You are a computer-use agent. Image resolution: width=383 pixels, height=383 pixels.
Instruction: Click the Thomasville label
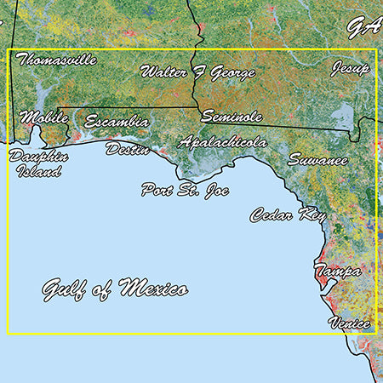coord(56,60)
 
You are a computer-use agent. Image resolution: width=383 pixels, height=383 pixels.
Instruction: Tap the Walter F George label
coord(197,72)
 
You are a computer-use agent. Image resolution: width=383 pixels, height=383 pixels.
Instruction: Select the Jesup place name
coord(351,67)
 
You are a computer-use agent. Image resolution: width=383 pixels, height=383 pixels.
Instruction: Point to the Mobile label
coord(43,117)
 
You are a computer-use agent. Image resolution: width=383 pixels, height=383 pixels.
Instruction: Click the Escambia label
coord(117,123)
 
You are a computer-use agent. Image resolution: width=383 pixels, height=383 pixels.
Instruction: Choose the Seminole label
coord(232,117)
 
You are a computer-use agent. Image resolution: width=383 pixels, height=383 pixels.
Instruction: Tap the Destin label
coord(128,150)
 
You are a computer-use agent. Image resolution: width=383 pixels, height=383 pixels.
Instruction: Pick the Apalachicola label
coord(223,143)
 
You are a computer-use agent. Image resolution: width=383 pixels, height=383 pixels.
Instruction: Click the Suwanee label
coord(317,159)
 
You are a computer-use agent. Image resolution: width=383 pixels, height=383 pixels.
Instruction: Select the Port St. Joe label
coord(181,189)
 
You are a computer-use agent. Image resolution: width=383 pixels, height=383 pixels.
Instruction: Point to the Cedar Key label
coord(288,215)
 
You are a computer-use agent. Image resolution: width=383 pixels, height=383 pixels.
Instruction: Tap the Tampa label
coord(337,271)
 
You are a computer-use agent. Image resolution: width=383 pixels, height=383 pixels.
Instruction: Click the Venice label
coord(349,323)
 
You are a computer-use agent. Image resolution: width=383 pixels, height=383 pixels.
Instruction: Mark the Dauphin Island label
coord(36,163)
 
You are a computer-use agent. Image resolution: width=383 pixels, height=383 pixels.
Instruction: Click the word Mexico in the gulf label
coord(153,288)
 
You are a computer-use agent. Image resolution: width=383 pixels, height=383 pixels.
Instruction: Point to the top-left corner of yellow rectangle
coord(8,49)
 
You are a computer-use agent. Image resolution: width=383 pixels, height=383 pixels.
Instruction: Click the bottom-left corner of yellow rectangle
coord(8,334)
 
